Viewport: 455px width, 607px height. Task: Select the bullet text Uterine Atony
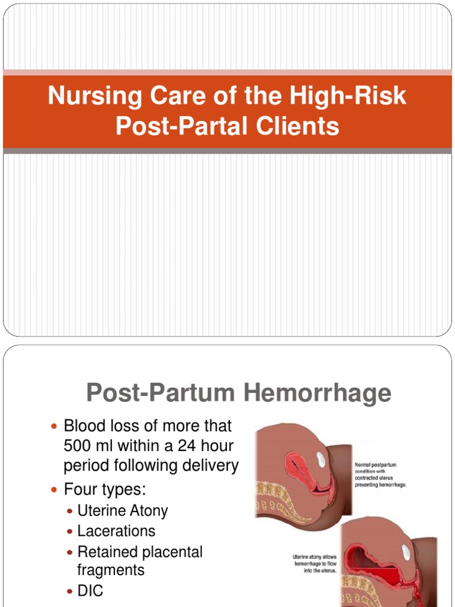(x=123, y=510)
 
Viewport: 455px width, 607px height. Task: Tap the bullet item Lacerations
(x=116, y=531)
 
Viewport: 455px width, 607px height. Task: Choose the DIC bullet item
(x=90, y=590)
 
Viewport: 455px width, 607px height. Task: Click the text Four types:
(x=104, y=490)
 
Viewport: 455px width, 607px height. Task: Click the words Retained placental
(x=140, y=552)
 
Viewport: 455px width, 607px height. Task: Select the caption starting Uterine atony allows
(x=315, y=563)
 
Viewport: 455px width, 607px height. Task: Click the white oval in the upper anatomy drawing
(x=323, y=457)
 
